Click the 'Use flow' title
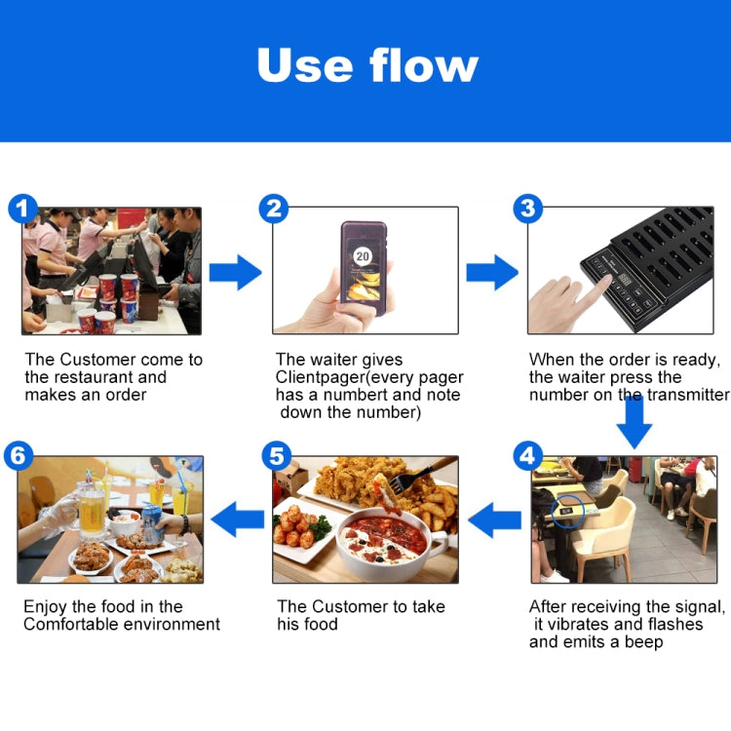tap(367, 65)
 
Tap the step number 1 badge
tap(22, 209)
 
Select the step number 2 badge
tap(274, 209)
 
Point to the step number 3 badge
tap(527, 209)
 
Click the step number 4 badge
tap(527, 455)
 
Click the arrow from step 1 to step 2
tap(235, 271)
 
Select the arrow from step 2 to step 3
tap(491, 271)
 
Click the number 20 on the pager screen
tap(363, 256)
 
